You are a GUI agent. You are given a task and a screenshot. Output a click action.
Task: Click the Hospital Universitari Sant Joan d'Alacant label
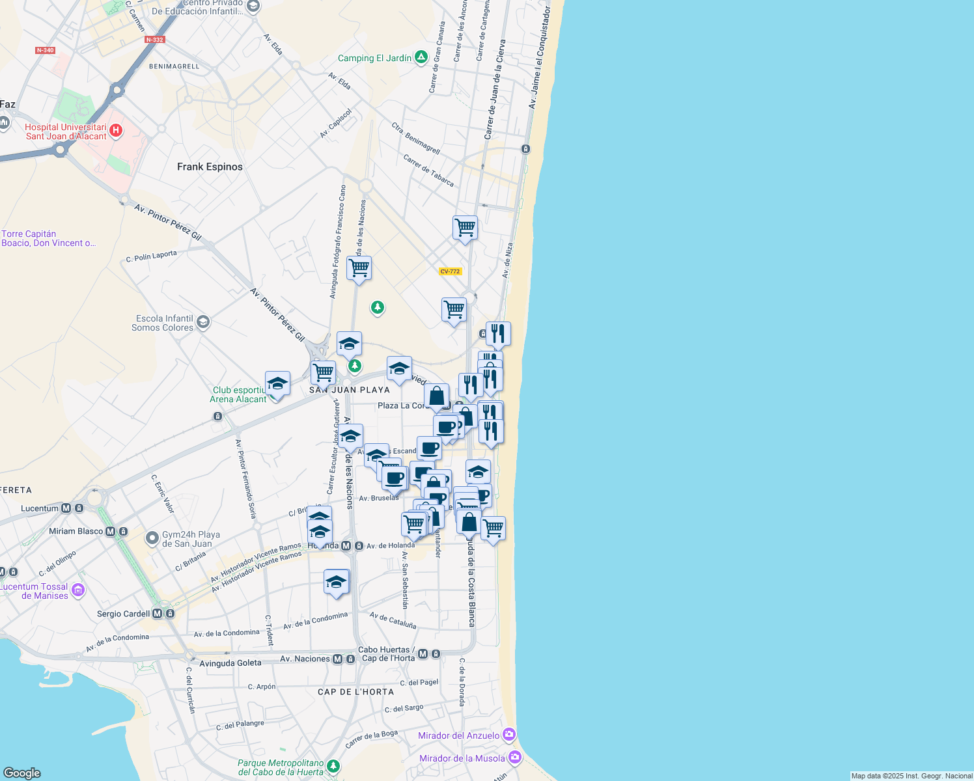[66, 131]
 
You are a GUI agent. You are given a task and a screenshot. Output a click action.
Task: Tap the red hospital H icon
[116, 131]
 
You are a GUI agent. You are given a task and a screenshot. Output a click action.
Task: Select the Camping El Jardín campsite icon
[421, 58]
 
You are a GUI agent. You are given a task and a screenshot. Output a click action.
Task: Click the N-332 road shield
[154, 40]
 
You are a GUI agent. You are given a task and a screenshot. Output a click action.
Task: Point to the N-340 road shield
[45, 50]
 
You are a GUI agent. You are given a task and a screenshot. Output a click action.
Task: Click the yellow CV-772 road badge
[450, 271]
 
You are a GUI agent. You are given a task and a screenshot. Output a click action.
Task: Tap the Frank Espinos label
[210, 167]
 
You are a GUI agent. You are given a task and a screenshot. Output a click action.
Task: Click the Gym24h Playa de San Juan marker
[152, 538]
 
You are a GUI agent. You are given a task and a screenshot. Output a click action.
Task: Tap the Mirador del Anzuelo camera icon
[509, 735]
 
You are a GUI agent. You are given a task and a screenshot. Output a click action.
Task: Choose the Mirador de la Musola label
[462, 758]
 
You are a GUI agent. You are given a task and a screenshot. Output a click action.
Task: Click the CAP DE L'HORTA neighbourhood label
[355, 692]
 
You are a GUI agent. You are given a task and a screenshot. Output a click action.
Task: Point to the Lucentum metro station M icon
[66, 508]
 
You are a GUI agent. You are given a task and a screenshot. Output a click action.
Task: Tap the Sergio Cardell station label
[123, 614]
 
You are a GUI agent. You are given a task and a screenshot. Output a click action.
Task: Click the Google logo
[22, 773]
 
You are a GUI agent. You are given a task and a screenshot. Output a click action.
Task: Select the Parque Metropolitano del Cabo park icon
[333, 766]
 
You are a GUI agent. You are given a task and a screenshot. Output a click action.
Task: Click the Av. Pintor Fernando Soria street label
[245, 478]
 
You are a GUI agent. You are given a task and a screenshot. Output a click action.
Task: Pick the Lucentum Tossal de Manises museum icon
[78, 590]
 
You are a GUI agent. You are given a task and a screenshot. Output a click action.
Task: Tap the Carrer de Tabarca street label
[428, 170]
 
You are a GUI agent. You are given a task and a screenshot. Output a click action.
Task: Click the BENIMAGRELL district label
[174, 66]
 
